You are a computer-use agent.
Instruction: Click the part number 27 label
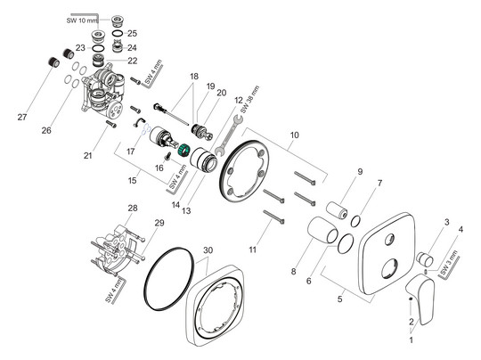[x=23, y=117]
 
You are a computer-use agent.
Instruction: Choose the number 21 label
[x=113, y=156]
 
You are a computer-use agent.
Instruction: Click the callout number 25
[x=132, y=33]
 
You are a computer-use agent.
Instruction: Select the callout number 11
[x=253, y=249]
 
